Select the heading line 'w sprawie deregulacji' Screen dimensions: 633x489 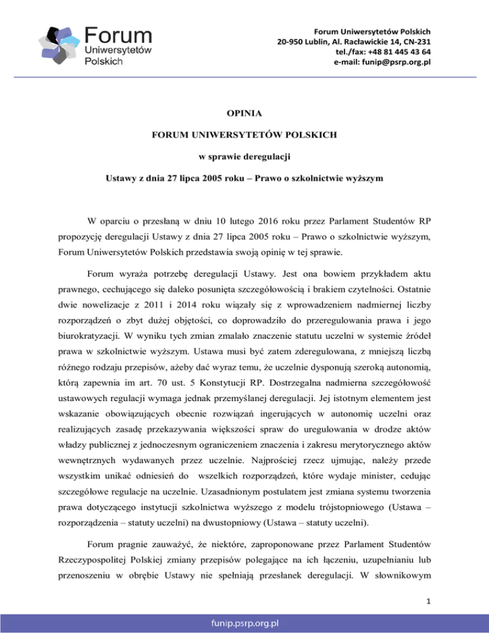coord(245,157)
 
